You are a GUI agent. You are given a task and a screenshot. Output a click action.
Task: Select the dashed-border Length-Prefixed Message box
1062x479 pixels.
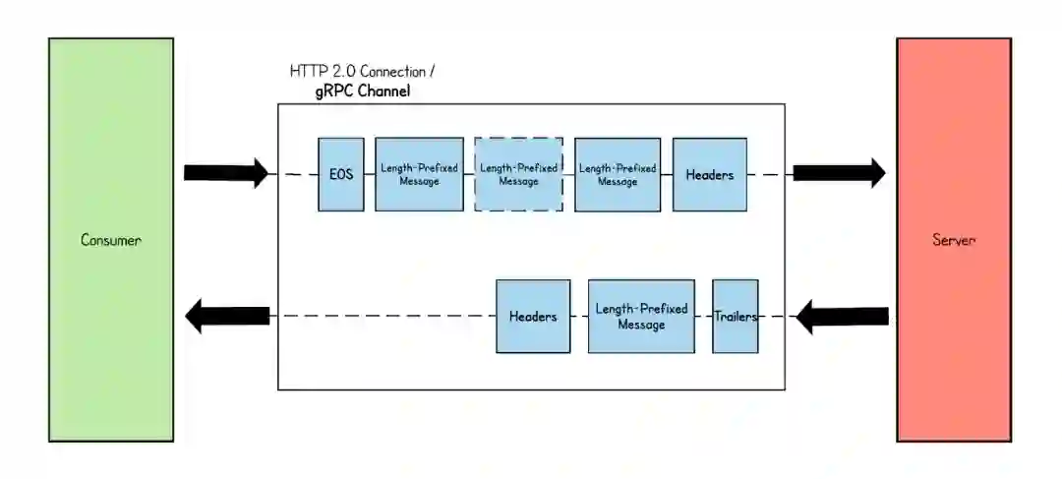pos(518,174)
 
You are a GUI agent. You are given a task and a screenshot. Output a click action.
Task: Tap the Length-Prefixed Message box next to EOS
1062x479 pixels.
pos(419,174)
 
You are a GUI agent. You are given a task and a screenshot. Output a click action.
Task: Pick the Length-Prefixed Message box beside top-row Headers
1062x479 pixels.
pos(618,174)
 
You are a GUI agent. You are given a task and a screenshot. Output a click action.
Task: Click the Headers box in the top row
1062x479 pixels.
pos(709,174)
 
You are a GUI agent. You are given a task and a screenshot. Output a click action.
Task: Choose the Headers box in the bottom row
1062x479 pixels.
pos(533,316)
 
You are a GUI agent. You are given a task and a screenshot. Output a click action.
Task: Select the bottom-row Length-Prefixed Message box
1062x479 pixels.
pos(641,316)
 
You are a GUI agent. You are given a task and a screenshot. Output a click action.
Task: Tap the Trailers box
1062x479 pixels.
pos(736,316)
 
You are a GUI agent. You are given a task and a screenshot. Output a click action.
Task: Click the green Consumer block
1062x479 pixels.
pos(111,240)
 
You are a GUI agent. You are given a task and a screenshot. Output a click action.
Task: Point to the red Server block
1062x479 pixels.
pos(953,240)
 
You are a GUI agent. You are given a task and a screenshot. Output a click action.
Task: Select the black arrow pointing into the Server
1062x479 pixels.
pos(839,173)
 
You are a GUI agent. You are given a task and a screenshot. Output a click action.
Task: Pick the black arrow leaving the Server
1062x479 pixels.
pos(842,317)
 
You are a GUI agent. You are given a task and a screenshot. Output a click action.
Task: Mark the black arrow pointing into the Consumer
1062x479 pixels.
pos(228,317)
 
